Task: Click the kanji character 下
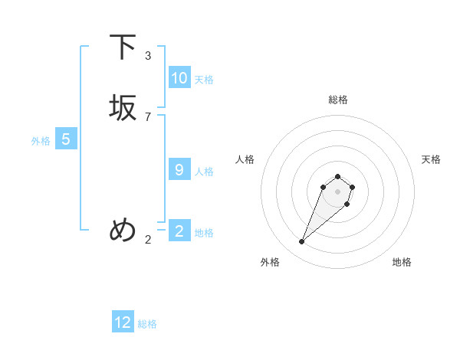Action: pyautogui.click(x=123, y=47)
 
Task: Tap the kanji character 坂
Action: pyautogui.click(x=123, y=109)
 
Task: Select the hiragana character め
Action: pyautogui.click(x=123, y=230)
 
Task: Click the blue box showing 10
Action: pyautogui.click(x=179, y=78)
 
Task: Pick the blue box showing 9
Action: pyautogui.click(x=179, y=170)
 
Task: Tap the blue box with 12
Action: pyautogui.click(x=123, y=322)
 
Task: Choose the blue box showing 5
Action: pyautogui.click(x=66, y=139)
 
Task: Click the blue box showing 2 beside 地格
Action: pyautogui.click(x=179, y=231)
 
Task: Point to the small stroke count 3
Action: pyautogui.click(x=148, y=56)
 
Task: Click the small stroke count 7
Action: pyautogui.click(x=148, y=117)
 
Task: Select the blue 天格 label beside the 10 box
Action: pyautogui.click(x=204, y=80)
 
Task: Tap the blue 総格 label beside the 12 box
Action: pyautogui.click(x=147, y=324)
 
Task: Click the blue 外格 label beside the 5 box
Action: pyautogui.click(x=41, y=141)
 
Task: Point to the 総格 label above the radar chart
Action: pyautogui.click(x=337, y=100)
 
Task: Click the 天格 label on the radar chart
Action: pyautogui.click(x=431, y=159)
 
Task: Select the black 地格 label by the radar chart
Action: pyautogui.click(x=402, y=262)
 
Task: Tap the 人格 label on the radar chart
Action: pyautogui.click(x=245, y=159)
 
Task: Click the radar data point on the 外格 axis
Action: pyautogui.click(x=302, y=242)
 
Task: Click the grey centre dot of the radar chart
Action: pyautogui.click(x=337, y=191)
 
